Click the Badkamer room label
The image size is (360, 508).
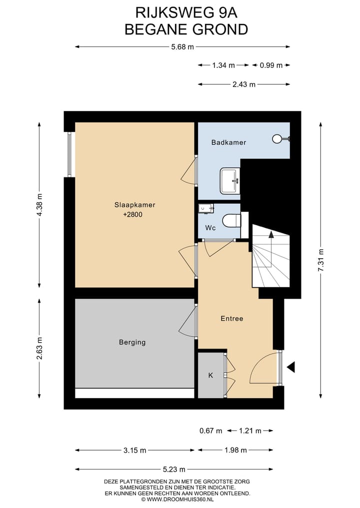coord(228,142)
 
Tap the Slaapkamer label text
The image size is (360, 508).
coord(134,205)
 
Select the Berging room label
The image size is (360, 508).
coord(132,342)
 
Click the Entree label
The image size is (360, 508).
coord(231,318)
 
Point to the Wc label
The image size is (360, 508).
coord(210,228)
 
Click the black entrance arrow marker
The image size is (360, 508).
coord(291,367)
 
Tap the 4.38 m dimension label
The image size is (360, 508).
coord(40,205)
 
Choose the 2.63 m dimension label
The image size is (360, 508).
coord(40,348)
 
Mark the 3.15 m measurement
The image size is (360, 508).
coord(134,450)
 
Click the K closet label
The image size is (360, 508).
coord(210,376)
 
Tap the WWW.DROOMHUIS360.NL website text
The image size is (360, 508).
coord(180,499)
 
